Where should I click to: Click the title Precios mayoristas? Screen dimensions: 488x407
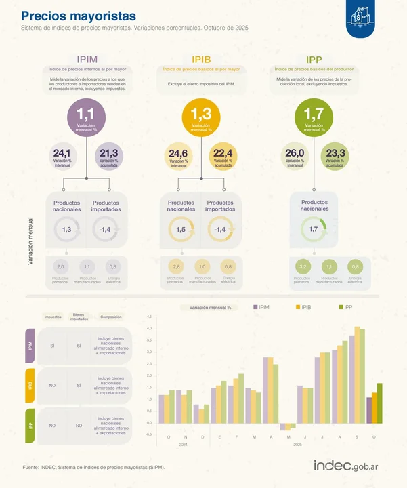coord(78,16)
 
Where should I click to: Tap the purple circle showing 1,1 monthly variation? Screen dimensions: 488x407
coord(87,118)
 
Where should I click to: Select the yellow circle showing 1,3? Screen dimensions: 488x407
coord(201,118)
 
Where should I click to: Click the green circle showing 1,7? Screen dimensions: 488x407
coord(314,118)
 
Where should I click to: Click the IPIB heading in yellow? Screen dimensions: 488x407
coord(201,60)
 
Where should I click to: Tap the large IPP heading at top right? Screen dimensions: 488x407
coord(314,60)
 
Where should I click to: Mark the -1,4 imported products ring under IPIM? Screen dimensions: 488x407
coord(105,230)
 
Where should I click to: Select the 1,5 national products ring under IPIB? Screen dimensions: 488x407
coord(181,230)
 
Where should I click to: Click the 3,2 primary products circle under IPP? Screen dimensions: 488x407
coord(302,267)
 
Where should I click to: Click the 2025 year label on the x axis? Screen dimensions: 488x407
coord(297,443)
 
